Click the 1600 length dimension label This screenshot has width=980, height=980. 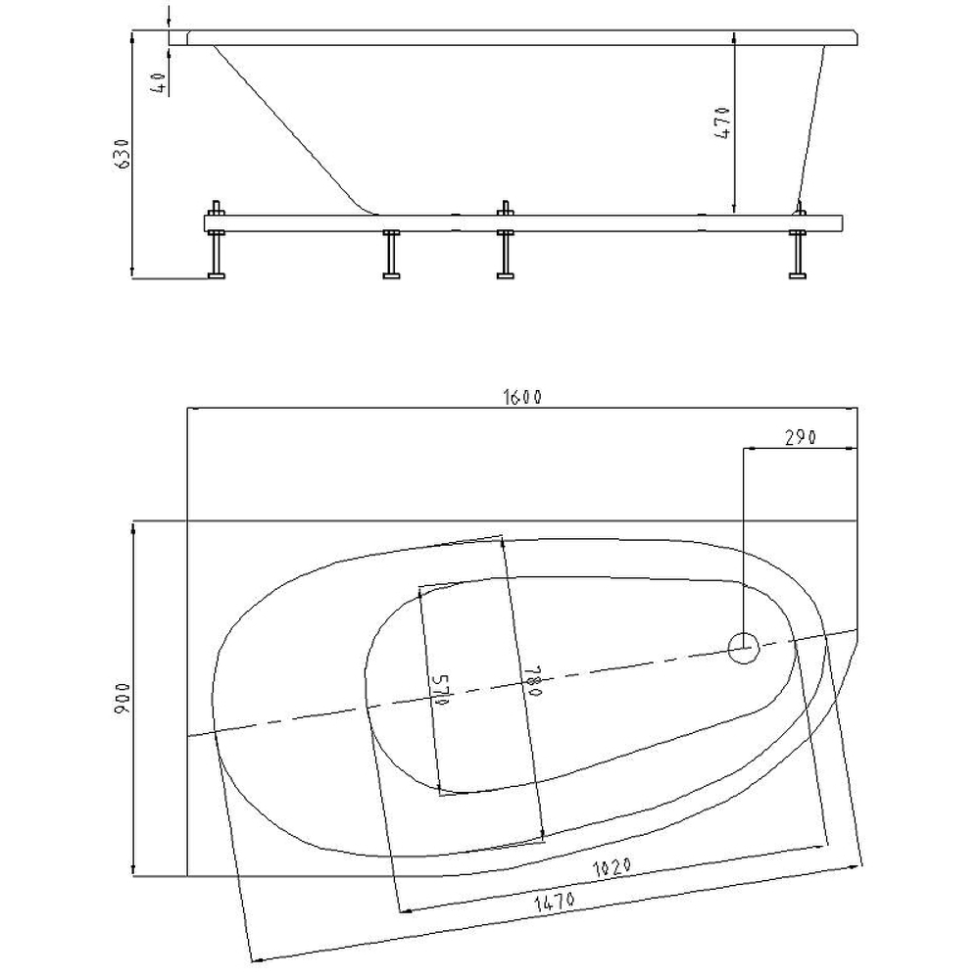(x=522, y=397)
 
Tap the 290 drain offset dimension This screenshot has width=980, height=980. (x=801, y=437)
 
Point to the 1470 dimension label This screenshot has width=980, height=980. (x=554, y=902)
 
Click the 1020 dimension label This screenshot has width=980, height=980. (x=612, y=867)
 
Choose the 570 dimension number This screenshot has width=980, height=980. (x=441, y=690)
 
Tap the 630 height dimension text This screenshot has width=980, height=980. (x=123, y=153)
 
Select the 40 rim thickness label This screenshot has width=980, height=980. (x=160, y=83)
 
